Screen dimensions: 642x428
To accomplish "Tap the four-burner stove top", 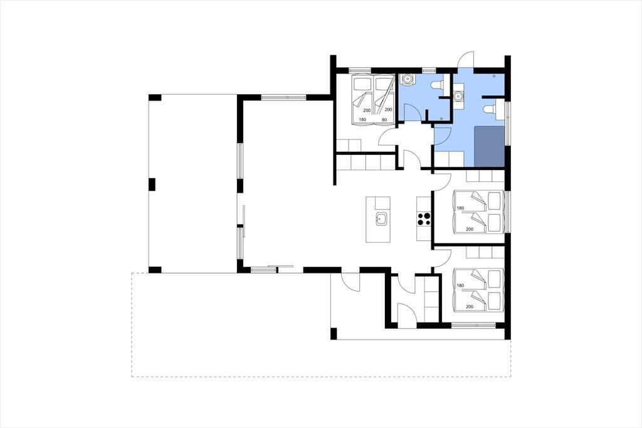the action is click(x=424, y=219).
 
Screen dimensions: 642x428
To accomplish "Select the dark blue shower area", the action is click(x=489, y=146).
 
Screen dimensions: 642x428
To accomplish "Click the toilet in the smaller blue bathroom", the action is click(x=436, y=85).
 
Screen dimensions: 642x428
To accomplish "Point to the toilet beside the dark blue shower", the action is click(x=488, y=109).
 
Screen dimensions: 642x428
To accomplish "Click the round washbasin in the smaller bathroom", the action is click(x=408, y=78).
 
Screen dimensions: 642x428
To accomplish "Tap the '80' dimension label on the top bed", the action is click(x=384, y=120).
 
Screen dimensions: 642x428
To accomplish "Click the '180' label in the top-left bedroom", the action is click(x=362, y=120).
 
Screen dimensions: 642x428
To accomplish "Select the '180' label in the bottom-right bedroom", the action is click(x=460, y=286).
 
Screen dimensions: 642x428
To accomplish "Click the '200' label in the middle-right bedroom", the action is click(x=470, y=229).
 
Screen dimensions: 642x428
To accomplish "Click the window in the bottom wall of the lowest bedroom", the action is click(x=473, y=326).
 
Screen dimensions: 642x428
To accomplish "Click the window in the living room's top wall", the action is click(x=284, y=97).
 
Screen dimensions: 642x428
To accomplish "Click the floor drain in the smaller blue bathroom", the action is click(x=441, y=119).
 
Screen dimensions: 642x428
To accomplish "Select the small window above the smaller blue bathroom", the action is click(x=429, y=70).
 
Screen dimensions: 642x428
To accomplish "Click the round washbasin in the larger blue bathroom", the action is click(x=458, y=97).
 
